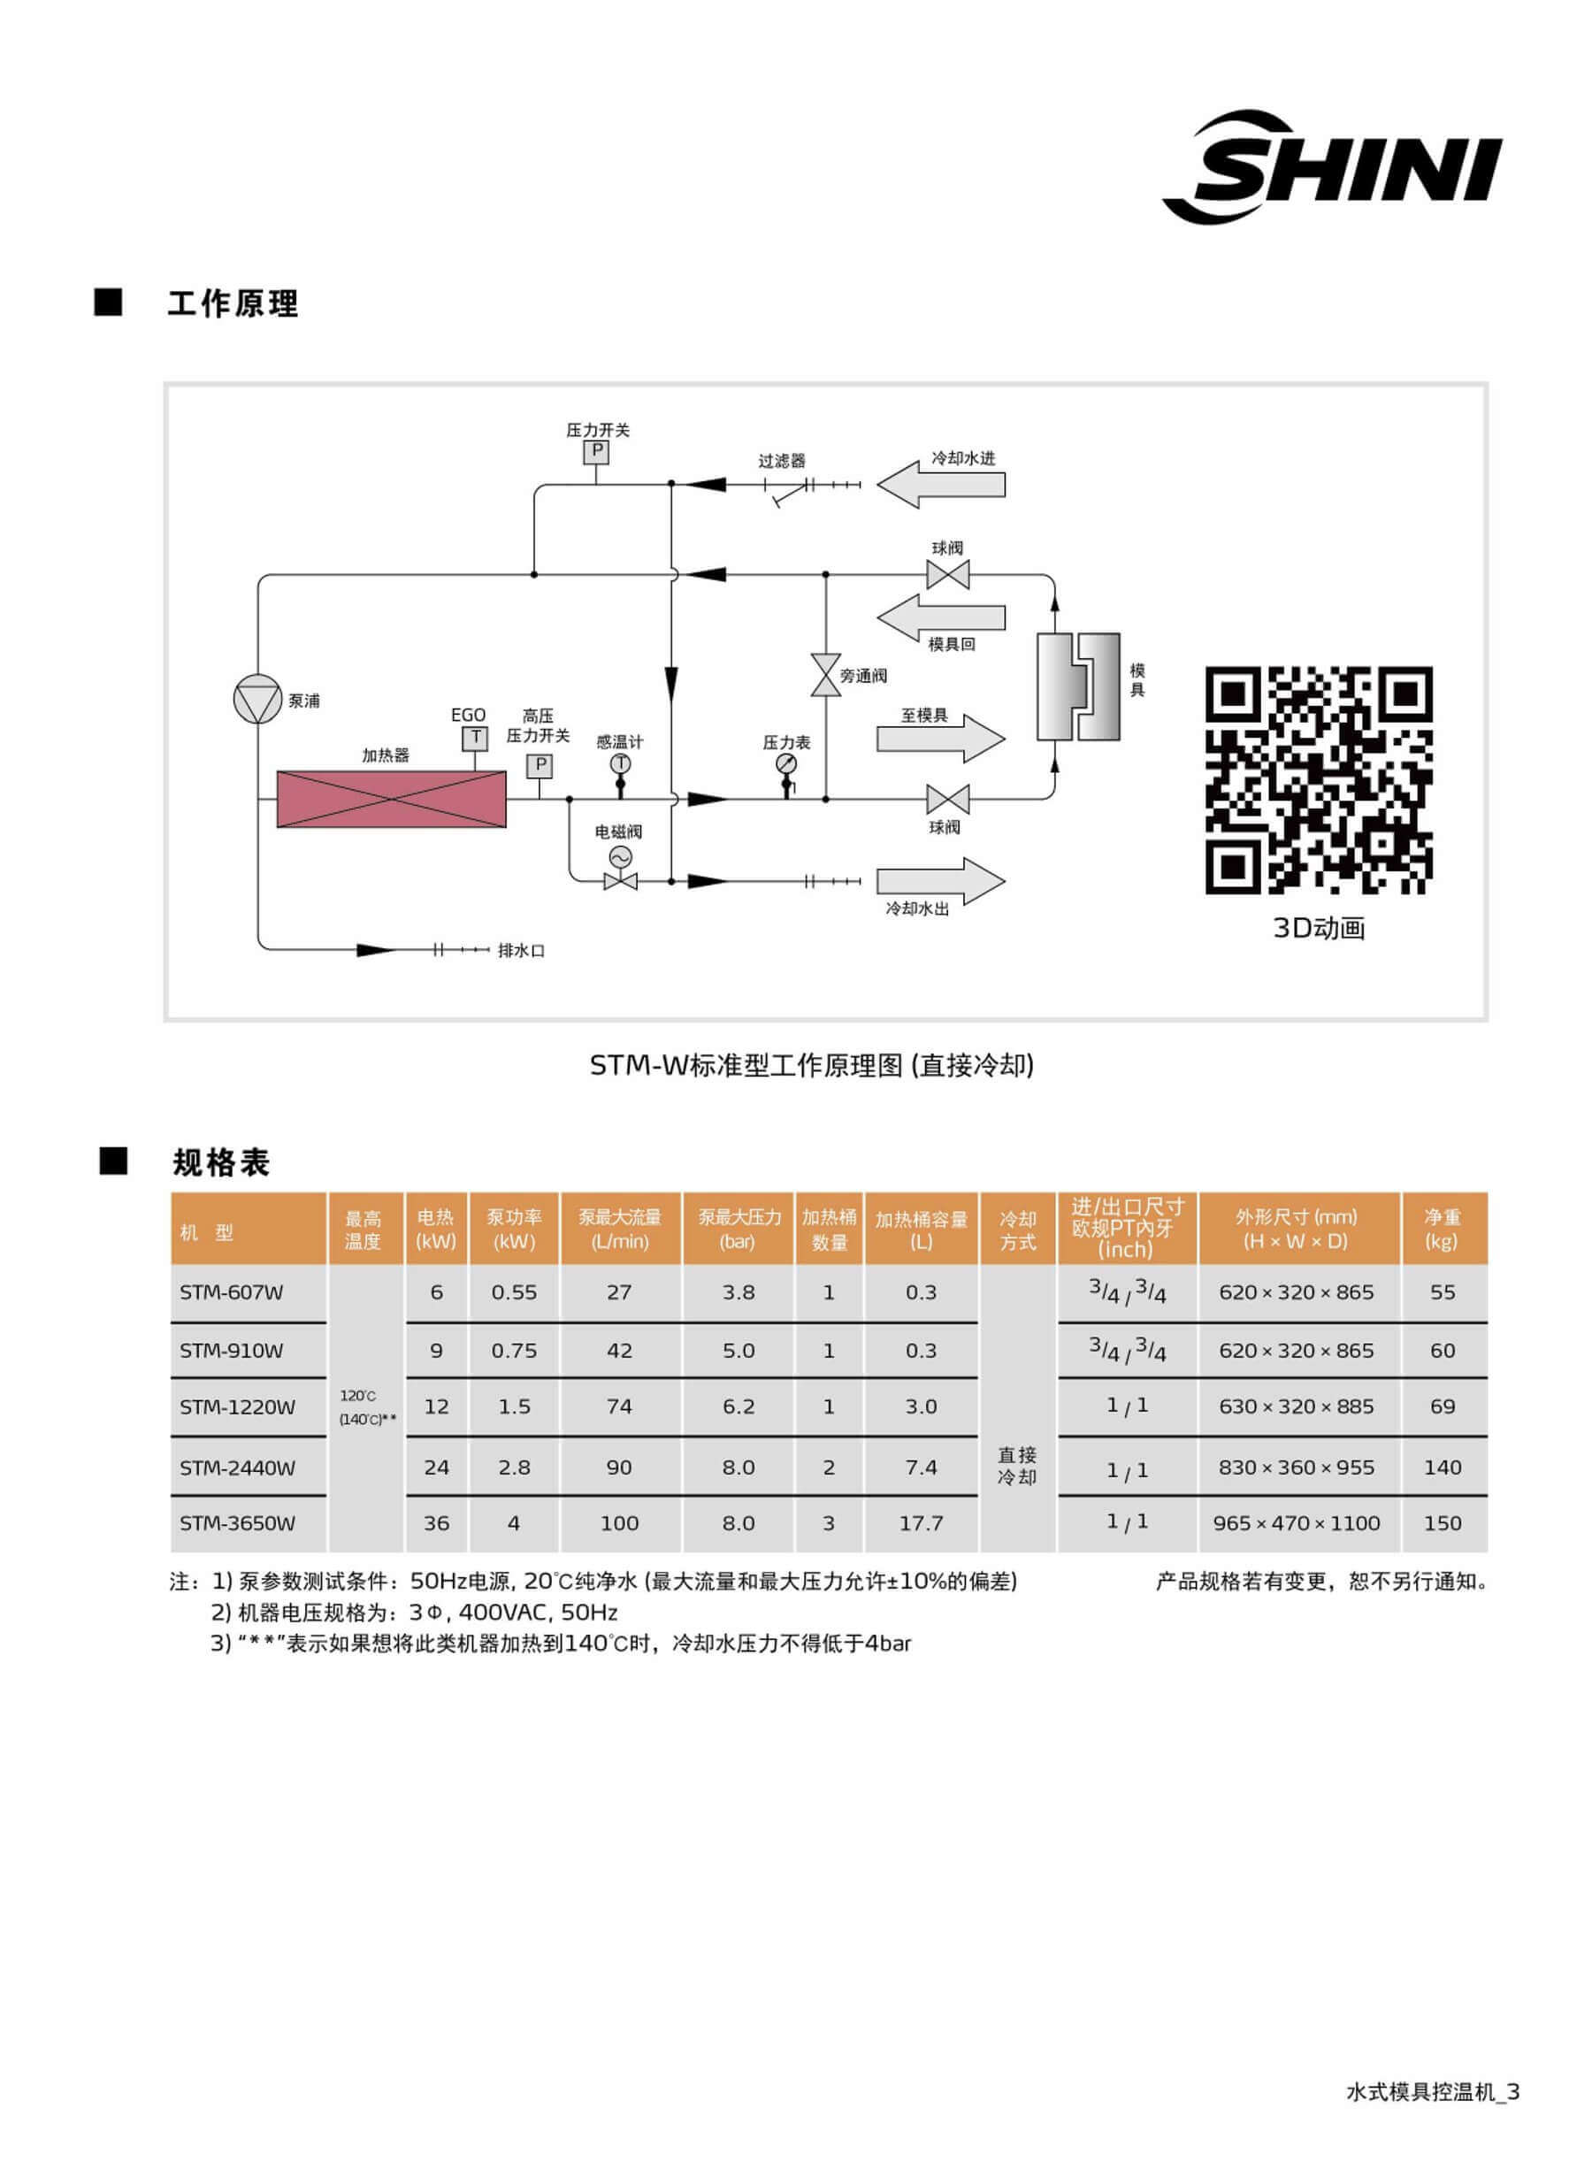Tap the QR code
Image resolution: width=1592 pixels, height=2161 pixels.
1319,780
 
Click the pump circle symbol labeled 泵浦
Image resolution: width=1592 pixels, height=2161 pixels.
257,699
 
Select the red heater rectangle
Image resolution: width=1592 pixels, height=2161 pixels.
391,799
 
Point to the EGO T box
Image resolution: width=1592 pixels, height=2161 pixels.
474,739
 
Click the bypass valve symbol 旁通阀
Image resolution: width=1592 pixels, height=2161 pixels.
826,675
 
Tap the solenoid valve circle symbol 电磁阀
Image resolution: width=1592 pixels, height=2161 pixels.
620,857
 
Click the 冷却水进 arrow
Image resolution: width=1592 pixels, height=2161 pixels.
940,484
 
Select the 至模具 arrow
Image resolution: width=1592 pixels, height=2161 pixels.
940,739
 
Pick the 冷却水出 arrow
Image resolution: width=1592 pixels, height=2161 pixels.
940,881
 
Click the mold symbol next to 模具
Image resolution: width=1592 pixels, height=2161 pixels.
1078,686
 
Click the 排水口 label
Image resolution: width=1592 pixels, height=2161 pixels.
521,950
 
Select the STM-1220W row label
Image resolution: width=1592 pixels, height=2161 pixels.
237,1406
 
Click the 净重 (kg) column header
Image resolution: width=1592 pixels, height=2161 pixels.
1442,1229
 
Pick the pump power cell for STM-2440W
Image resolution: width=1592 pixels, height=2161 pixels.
514,1467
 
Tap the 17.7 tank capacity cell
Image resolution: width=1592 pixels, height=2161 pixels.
921,1523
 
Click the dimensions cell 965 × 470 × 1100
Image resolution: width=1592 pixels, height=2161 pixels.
1296,1523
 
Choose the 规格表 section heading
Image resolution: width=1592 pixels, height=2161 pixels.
221,1162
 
